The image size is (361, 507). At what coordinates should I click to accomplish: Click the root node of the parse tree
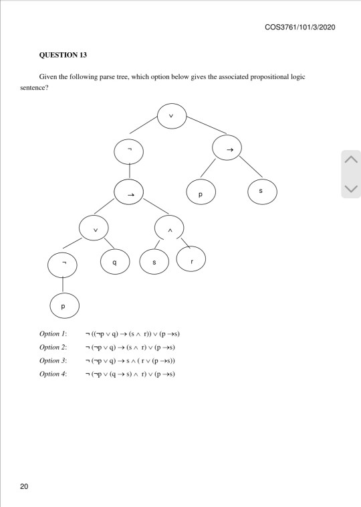171,115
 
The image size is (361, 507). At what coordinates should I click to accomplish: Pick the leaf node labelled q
116,263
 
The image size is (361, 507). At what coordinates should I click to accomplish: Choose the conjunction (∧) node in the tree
170,230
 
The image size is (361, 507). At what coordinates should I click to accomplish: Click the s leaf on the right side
261,191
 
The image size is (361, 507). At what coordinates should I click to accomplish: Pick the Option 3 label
53,360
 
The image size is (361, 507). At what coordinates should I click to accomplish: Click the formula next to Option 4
130,374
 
